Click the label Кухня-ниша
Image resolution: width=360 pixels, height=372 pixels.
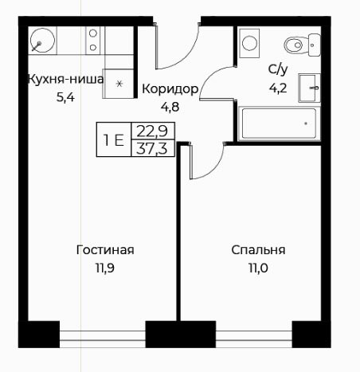[65, 80]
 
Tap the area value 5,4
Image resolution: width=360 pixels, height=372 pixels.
[65, 98]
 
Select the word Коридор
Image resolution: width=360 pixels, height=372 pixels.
[170, 89]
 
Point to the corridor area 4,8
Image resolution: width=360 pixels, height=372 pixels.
[170, 107]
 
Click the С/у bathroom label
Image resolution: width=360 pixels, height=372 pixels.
[278, 69]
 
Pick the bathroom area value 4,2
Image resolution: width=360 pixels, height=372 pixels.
[278, 88]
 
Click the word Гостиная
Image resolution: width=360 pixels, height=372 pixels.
[105, 250]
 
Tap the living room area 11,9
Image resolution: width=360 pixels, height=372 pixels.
[105, 268]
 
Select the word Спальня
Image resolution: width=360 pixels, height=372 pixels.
[258, 250]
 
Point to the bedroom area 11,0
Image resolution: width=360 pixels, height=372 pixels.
[258, 268]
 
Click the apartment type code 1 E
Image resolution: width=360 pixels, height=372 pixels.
[114, 140]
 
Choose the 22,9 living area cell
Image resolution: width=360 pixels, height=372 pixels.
[152, 131]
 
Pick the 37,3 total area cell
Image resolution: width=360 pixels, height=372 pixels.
[152, 148]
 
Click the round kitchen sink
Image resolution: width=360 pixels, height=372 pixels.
[42, 41]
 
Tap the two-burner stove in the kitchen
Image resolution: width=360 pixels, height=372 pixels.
[93, 41]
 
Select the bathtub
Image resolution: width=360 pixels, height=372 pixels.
[279, 123]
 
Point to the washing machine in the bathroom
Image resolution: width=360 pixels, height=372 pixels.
[249, 43]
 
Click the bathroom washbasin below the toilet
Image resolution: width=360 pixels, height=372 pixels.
[309, 88]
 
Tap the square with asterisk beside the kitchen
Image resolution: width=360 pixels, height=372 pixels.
[119, 84]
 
